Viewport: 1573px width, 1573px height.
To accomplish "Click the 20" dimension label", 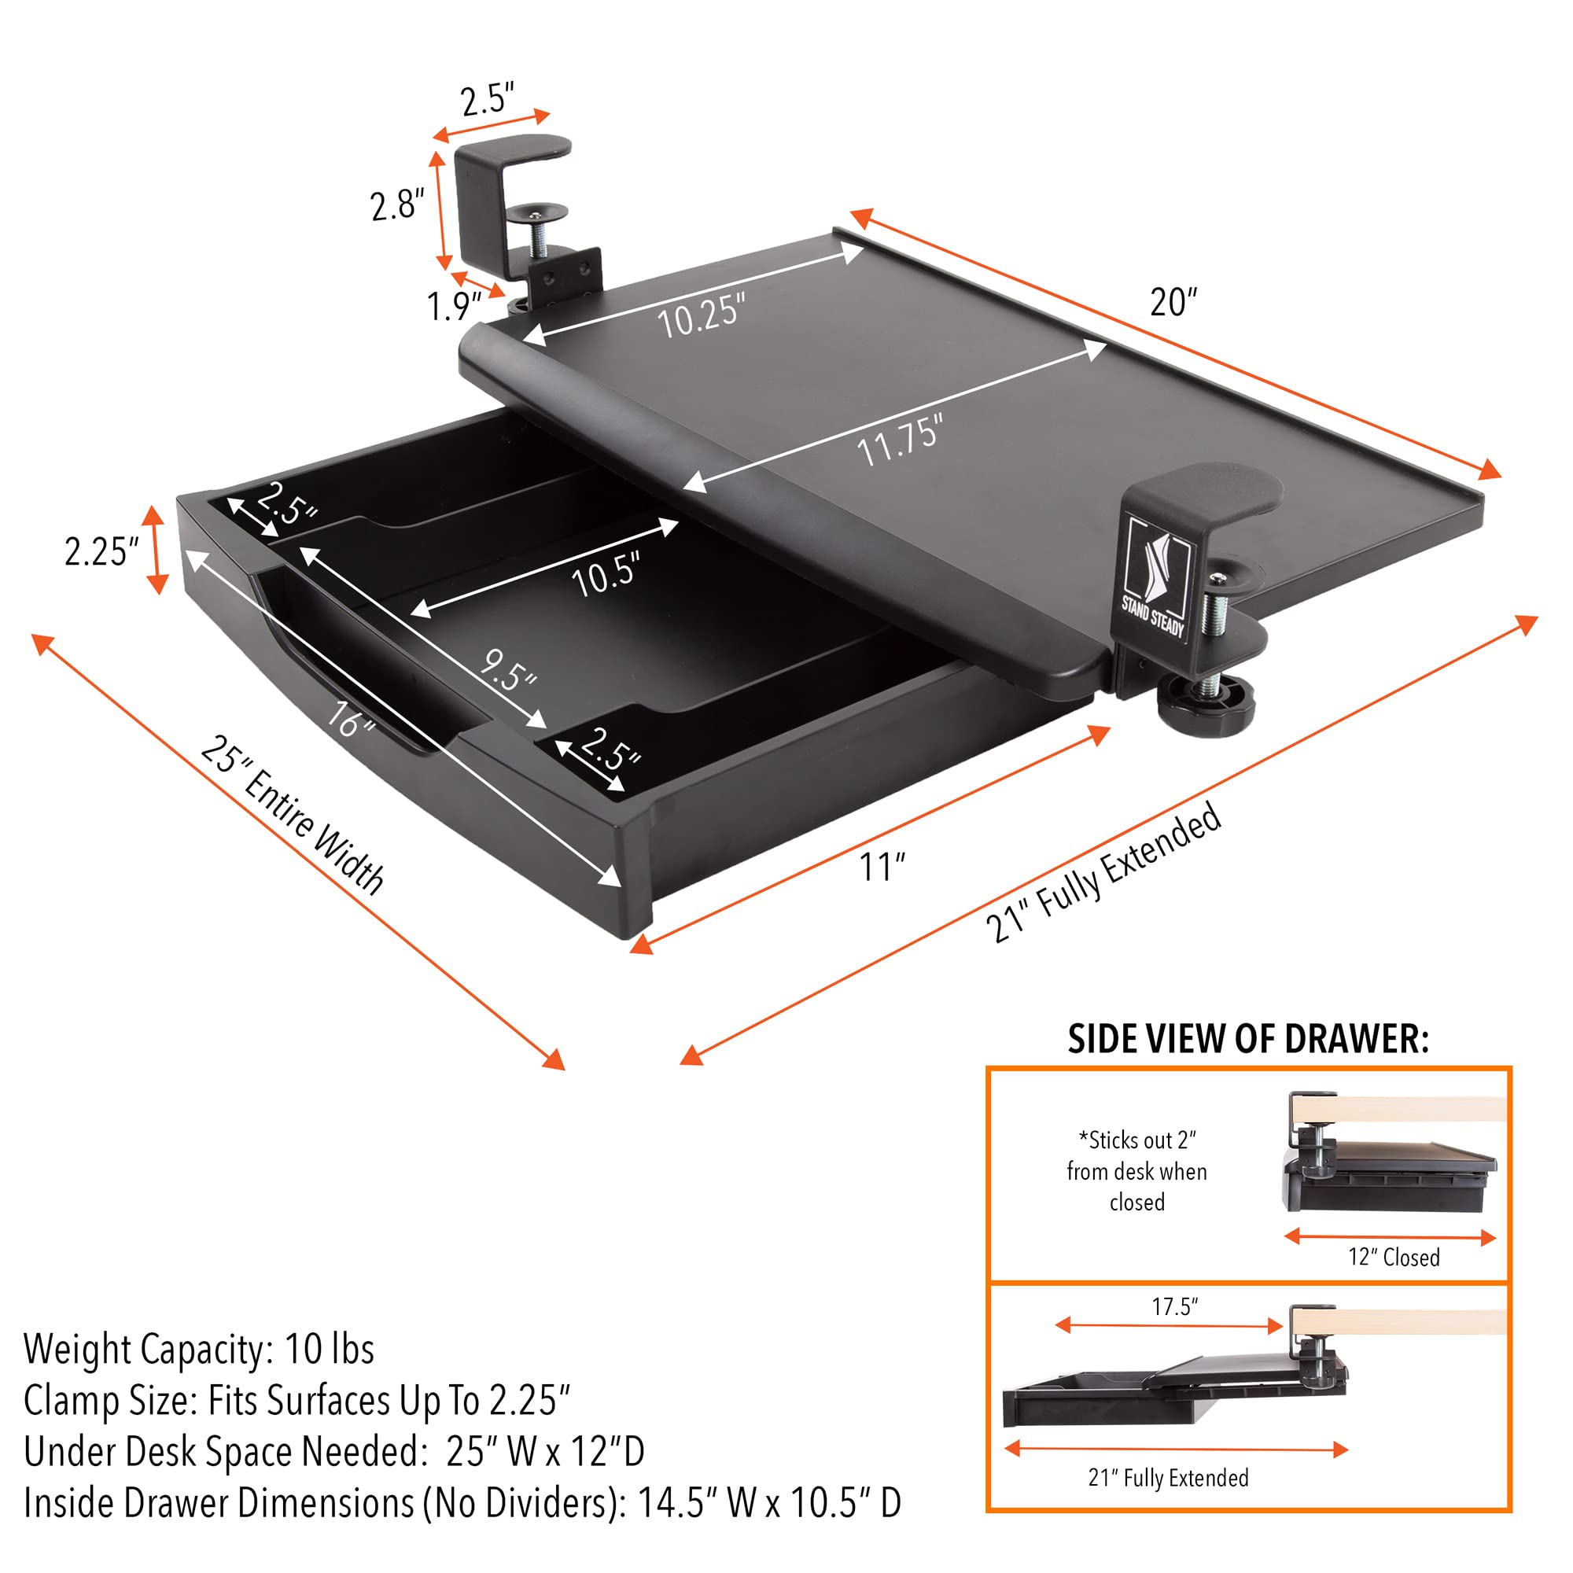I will tap(1173, 302).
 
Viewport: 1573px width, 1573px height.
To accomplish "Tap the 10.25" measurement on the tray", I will tap(700, 316).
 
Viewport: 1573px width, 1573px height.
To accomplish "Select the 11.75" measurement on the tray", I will tap(900, 440).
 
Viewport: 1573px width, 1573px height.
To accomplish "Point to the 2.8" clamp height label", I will tap(396, 204).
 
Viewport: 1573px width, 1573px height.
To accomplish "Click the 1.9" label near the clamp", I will tap(454, 306).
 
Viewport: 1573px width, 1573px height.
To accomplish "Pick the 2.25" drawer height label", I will tap(101, 552).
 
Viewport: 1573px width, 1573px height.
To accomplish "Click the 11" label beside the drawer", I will tap(882, 867).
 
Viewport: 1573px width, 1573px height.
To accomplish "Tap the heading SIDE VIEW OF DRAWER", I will tap(1247, 1040).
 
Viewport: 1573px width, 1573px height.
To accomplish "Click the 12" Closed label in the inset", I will tap(1393, 1257).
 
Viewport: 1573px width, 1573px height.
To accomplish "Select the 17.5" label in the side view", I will tap(1174, 1306).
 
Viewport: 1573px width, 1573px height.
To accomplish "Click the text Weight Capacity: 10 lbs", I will tap(199, 1349).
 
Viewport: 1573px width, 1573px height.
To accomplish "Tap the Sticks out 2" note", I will tap(1136, 1171).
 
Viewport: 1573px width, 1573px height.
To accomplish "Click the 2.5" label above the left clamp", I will tap(487, 100).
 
